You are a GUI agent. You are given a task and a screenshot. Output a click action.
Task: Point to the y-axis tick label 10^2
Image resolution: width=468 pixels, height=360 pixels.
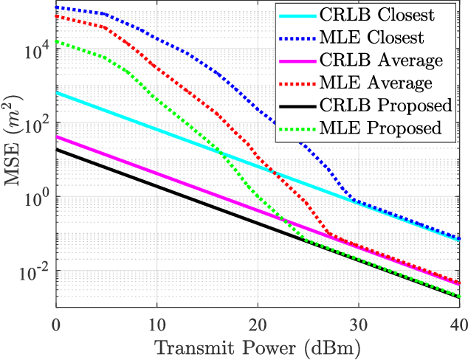pos(37,123)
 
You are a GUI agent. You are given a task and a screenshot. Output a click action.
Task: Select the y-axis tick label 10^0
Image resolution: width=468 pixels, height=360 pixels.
pos(37,197)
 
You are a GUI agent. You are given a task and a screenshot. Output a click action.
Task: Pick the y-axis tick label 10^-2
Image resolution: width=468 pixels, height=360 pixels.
pos(35,271)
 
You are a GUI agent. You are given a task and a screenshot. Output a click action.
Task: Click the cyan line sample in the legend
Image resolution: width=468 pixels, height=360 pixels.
pos(296,15)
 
